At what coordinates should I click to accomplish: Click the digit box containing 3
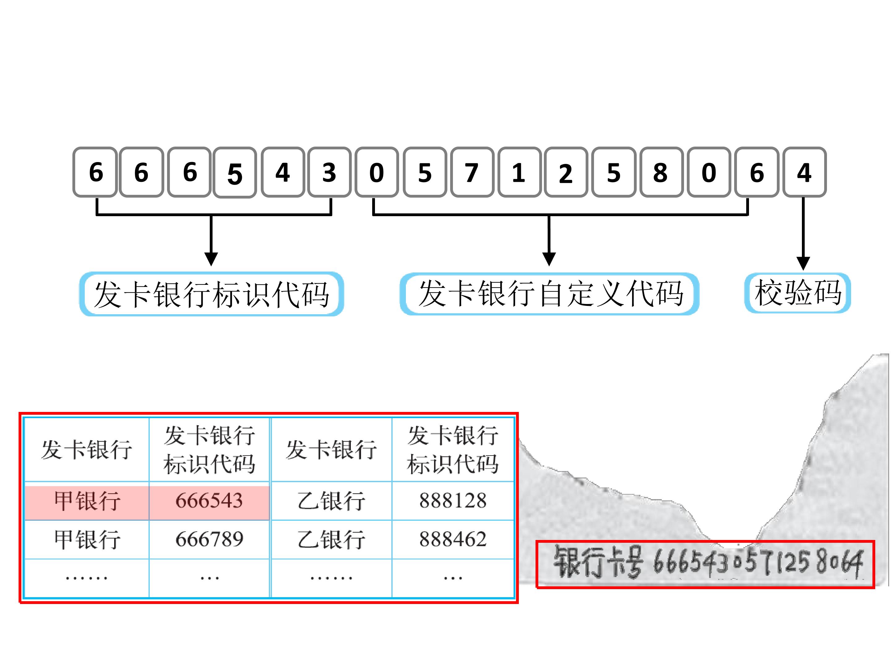point(329,172)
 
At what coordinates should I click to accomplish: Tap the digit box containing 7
point(472,172)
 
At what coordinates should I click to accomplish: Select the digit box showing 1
point(519,172)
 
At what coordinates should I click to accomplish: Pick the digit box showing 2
point(566,172)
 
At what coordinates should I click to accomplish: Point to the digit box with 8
point(661,172)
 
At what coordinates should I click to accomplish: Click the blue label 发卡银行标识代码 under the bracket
point(212,294)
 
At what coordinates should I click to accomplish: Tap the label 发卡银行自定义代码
point(549,293)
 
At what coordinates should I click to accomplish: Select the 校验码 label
point(797,293)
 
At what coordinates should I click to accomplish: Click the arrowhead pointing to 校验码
point(803,263)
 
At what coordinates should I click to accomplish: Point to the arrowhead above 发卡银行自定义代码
point(549,259)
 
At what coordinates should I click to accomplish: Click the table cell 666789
point(209,539)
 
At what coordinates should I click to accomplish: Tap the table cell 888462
point(453,539)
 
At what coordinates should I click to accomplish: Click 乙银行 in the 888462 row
point(331,539)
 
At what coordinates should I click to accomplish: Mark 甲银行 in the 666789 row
point(87,539)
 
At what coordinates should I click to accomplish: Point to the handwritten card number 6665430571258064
point(757,563)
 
